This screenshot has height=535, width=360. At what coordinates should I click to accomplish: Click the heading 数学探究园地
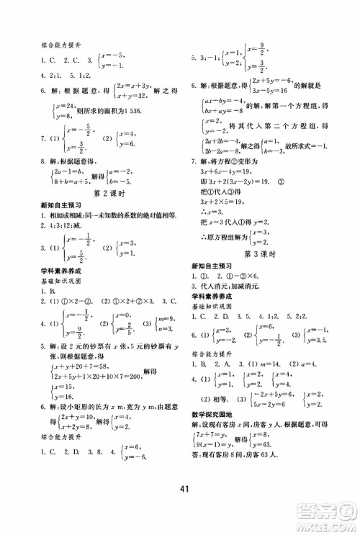(x=214, y=412)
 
